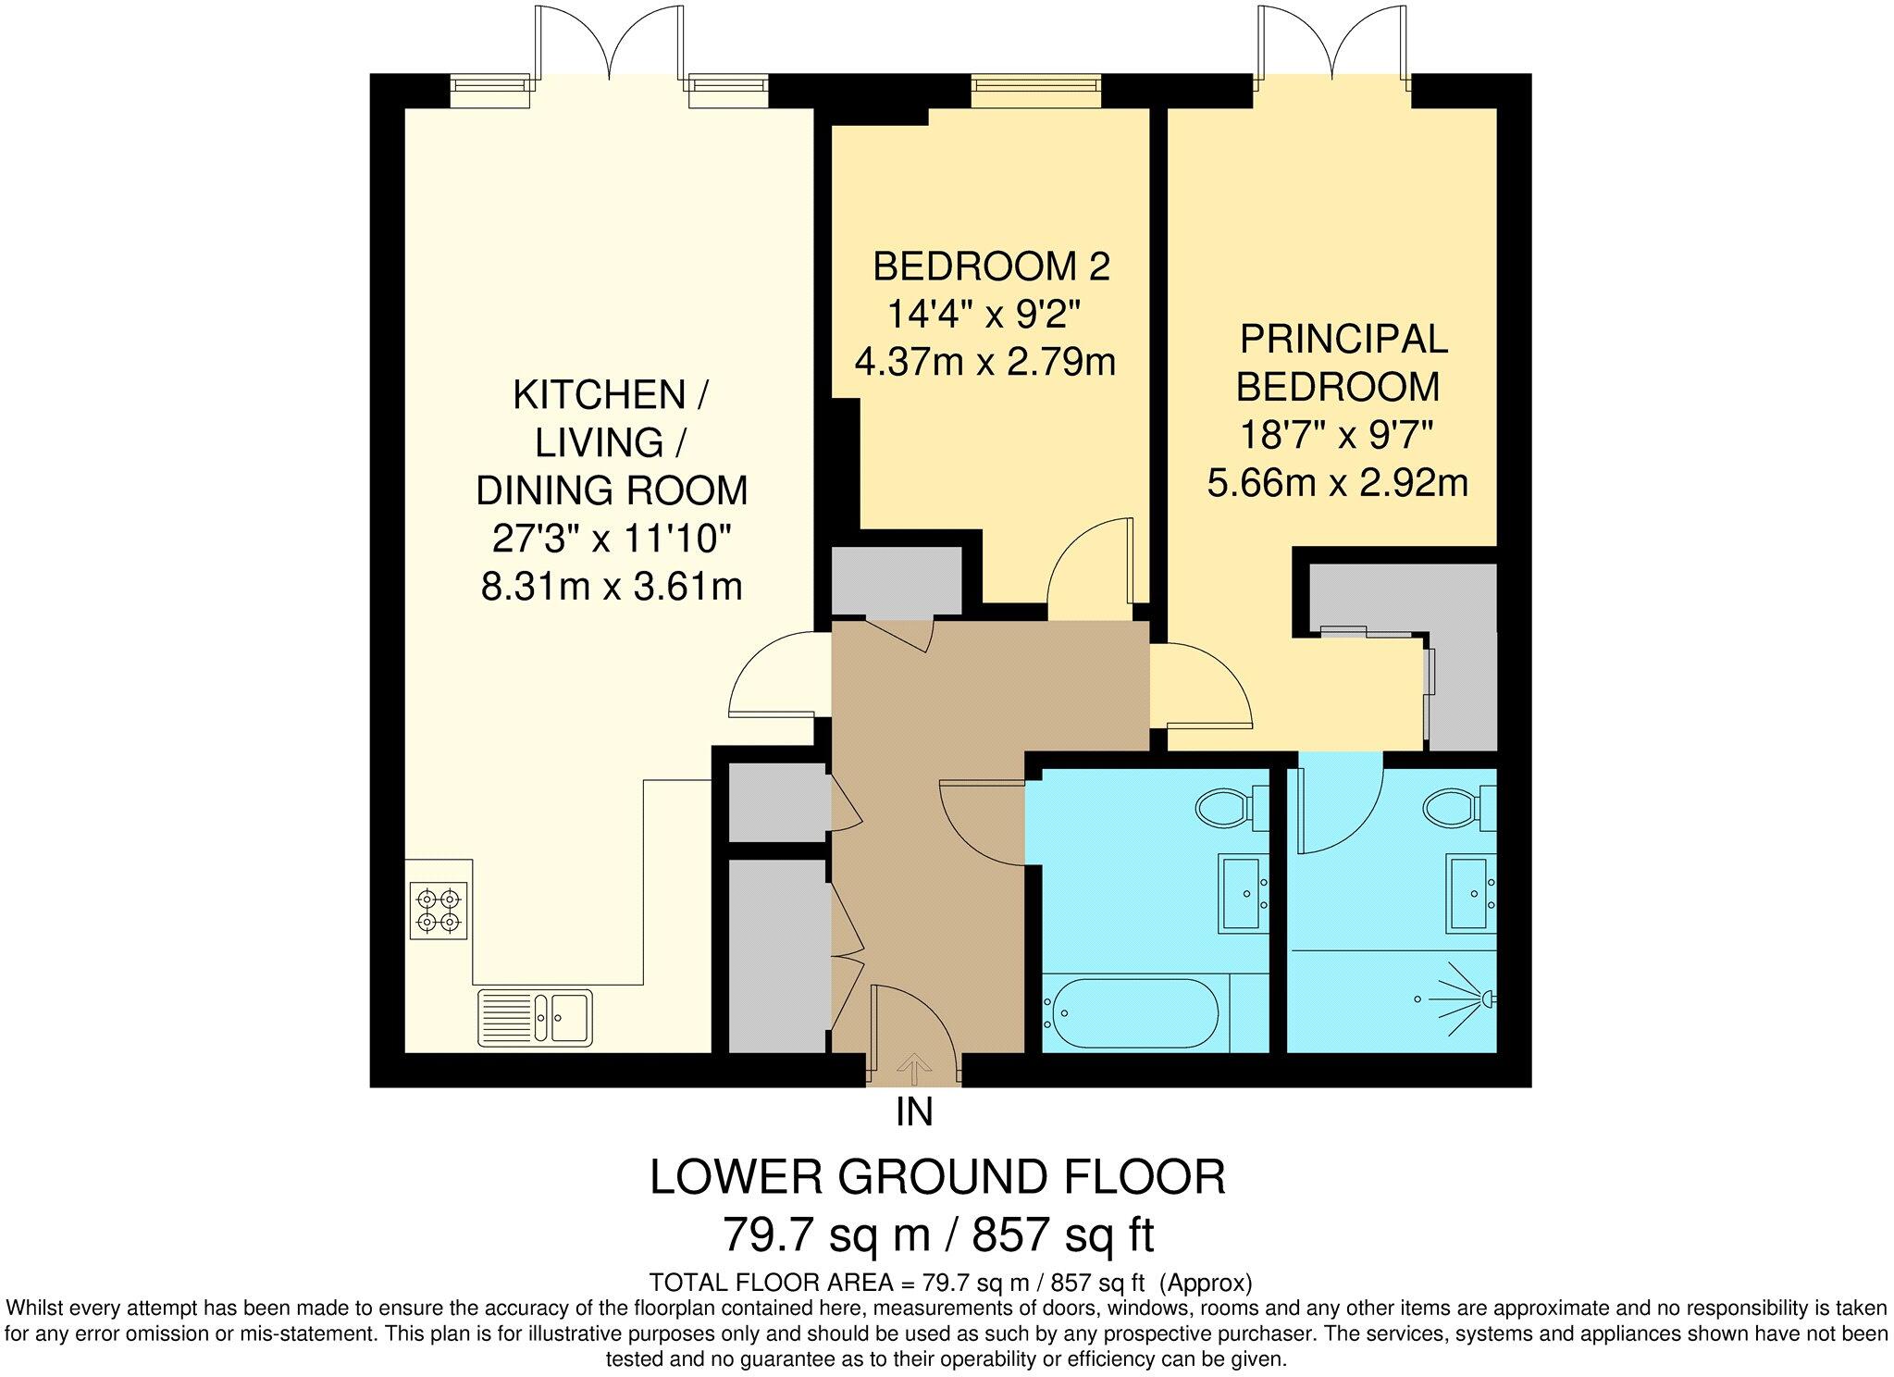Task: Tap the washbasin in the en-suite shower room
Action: (x=1472, y=893)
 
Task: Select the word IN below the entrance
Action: (x=914, y=1112)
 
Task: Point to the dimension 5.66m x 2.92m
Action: (x=1338, y=482)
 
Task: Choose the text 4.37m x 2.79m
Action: (x=985, y=361)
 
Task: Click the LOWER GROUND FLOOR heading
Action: (x=938, y=1177)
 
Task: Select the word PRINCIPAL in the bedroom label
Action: (x=1343, y=339)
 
